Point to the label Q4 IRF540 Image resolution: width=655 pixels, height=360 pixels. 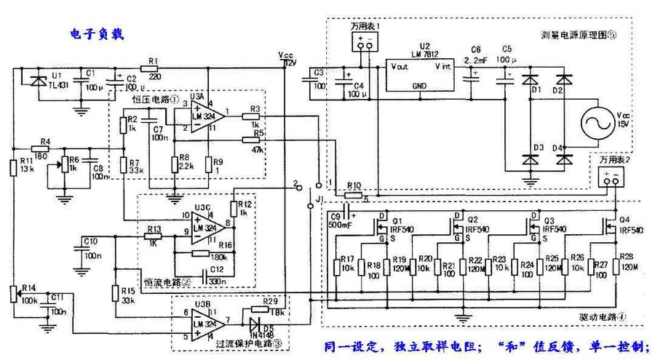630,224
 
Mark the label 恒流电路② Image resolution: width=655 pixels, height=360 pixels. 167,281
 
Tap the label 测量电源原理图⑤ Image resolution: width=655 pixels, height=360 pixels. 579,34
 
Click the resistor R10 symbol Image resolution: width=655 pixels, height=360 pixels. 353,195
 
